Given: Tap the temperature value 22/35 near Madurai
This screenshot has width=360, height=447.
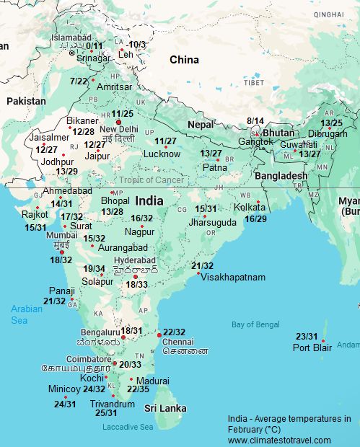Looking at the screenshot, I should point(138,389).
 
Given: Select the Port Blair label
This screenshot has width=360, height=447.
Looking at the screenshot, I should point(311,348).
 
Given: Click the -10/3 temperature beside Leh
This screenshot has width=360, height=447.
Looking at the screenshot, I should point(136,45).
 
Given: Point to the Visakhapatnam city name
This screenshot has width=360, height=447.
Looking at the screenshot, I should point(233,277).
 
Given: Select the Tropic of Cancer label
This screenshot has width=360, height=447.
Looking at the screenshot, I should point(151,180).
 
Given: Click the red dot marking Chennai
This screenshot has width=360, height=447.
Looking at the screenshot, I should point(159,335).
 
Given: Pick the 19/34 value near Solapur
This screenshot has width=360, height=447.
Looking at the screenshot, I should point(94,269).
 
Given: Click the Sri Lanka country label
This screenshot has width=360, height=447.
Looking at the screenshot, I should point(165,408).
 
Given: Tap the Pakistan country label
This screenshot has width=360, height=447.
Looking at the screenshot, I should point(26,102).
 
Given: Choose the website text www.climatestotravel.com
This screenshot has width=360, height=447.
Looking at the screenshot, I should point(279,440).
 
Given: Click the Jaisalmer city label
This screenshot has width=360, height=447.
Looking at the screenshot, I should point(50,138).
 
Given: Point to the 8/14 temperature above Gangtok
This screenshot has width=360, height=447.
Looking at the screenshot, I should point(255,120).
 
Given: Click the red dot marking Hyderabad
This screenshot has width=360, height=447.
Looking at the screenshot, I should point(135,276).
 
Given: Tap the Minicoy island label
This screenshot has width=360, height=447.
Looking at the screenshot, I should point(64,389).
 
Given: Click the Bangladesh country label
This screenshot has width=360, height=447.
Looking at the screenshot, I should point(281,176).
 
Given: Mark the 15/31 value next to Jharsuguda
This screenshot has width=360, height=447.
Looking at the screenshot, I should point(206,209).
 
